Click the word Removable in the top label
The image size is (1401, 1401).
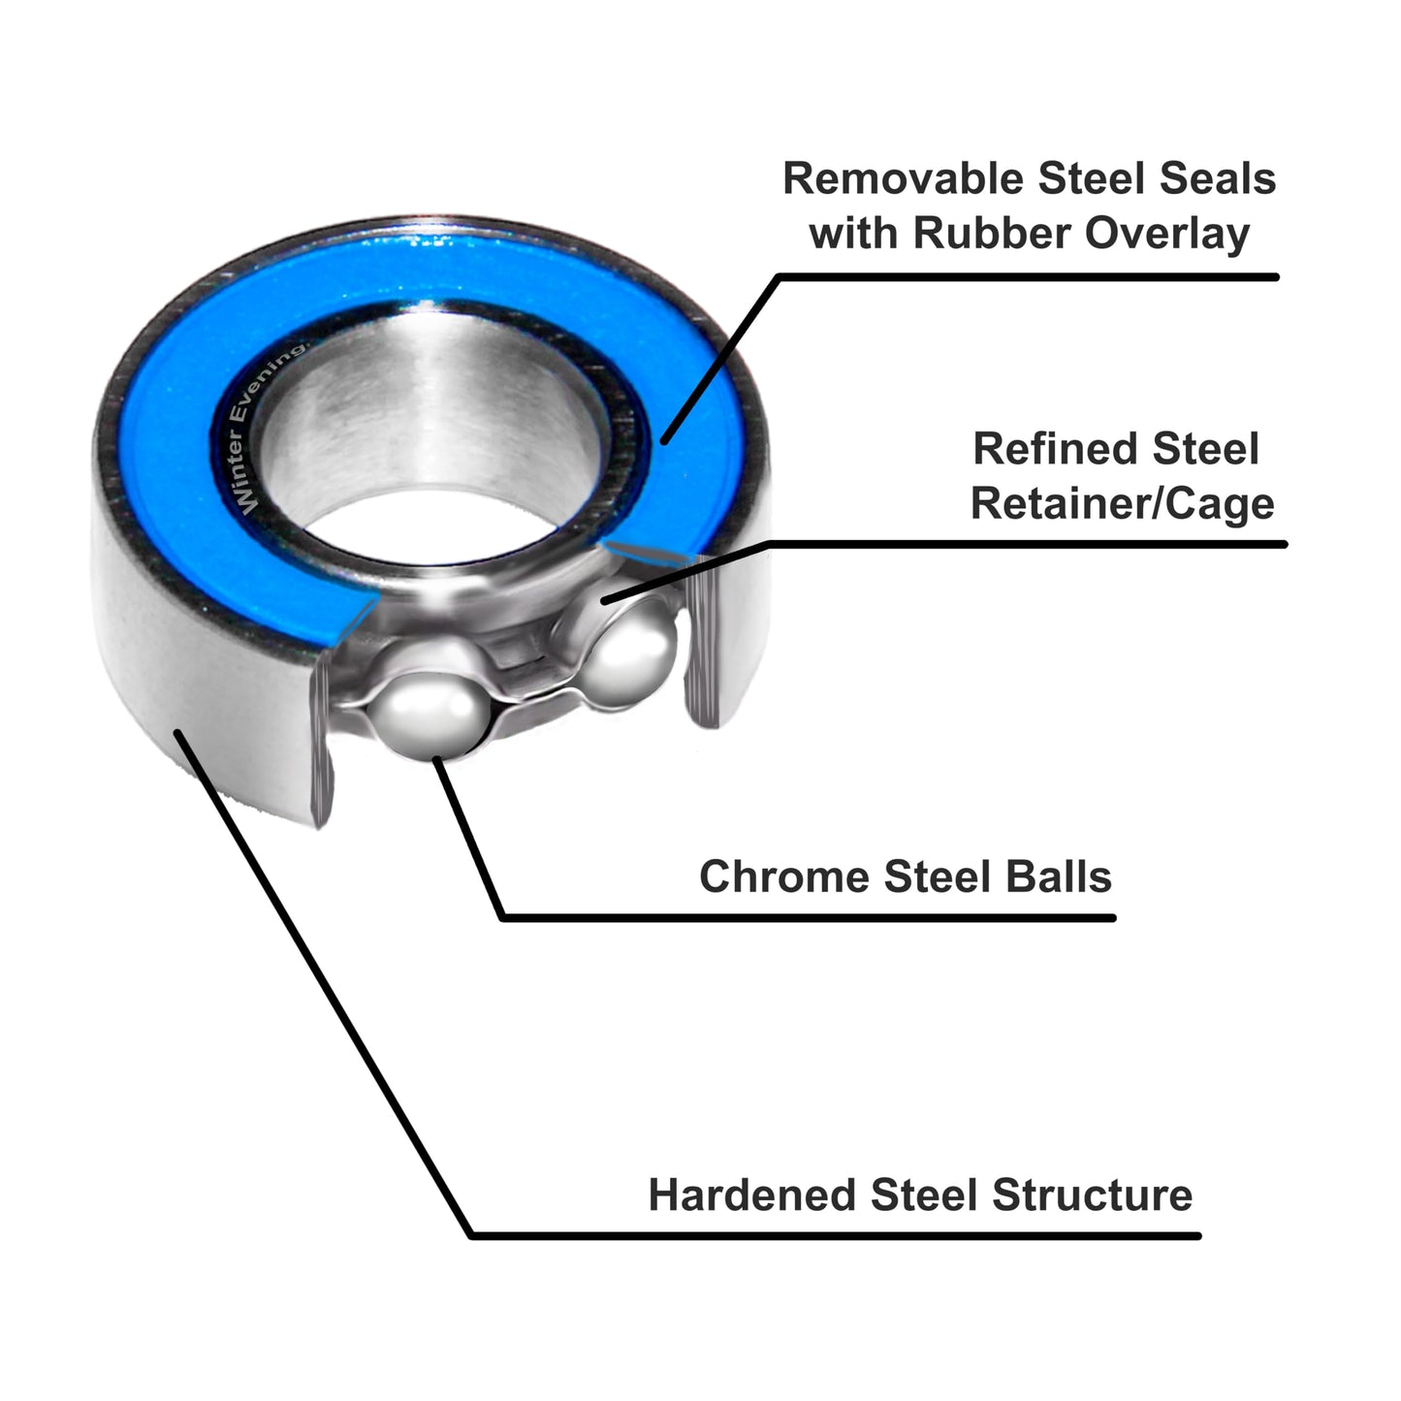point(902,179)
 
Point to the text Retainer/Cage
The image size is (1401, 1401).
point(1122,504)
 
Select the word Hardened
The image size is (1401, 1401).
point(751,1194)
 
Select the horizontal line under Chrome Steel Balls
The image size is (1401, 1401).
point(805,917)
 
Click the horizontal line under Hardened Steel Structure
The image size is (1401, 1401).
point(834,1236)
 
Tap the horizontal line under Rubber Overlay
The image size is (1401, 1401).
point(1028,277)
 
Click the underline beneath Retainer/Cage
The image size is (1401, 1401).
point(1028,545)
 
